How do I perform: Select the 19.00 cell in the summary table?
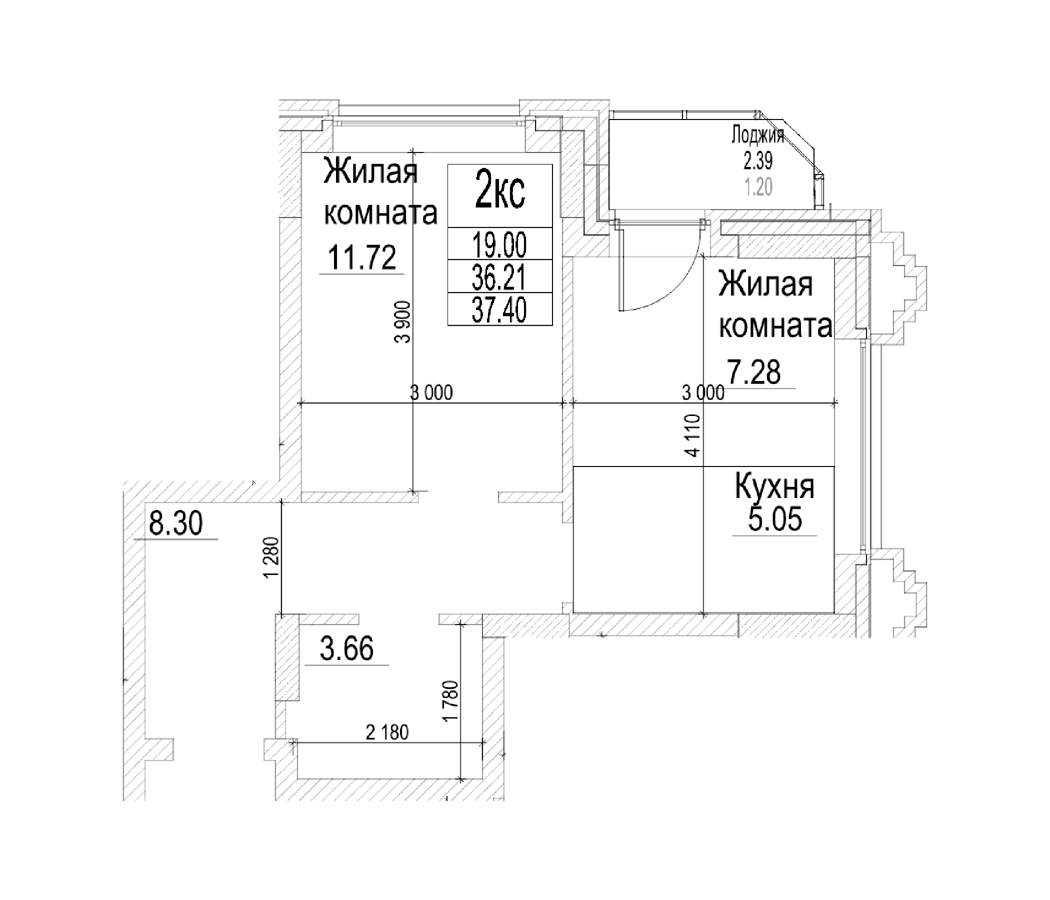pyautogui.click(x=499, y=245)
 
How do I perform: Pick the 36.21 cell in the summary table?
pyautogui.click(x=499, y=277)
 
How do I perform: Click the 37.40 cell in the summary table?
pyautogui.click(x=499, y=309)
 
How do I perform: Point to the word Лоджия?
pyautogui.click(x=757, y=135)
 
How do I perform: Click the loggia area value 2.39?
pyautogui.click(x=757, y=161)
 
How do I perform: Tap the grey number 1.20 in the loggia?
pyautogui.click(x=758, y=187)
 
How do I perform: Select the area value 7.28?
pyautogui.click(x=754, y=372)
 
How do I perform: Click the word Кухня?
pyautogui.click(x=775, y=486)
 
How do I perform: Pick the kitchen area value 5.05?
pyautogui.click(x=775, y=519)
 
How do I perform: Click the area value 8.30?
pyautogui.click(x=176, y=523)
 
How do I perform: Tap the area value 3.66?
pyautogui.click(x=347, y=649)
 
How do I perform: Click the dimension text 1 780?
pyautogui.click(x=450, y=701)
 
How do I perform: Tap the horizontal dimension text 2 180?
pyautogui.click(x=387, y=732)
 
